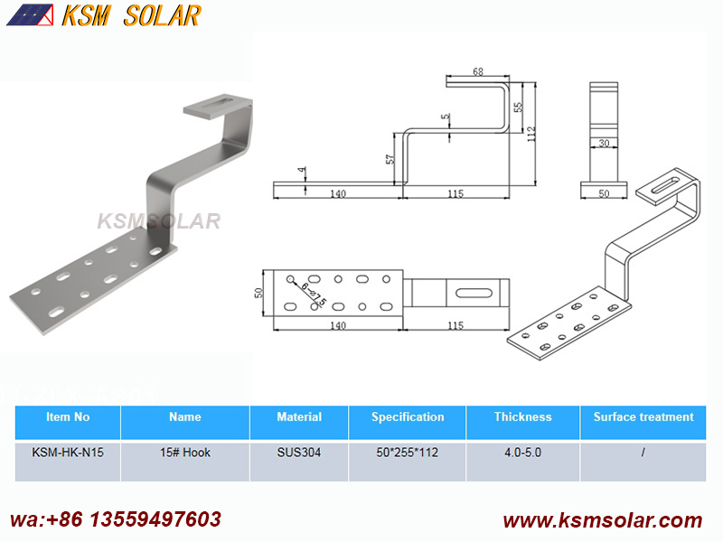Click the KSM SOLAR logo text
coord(131,15)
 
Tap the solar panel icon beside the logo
coord(30,14)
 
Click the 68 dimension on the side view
coord(478,71)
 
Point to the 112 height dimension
coord(531,134)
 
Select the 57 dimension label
coord(390,159)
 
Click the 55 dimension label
coord(518,107)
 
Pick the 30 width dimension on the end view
coord(604,144)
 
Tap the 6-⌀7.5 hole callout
coord(314,294)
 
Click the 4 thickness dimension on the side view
coord(302,170)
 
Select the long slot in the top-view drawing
coord(474,293)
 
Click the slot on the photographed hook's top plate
coord(219,104)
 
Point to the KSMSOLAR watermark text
coord(159,221)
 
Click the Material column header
coord(299,417)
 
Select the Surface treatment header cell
coord(643,417)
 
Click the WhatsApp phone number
coord(116,519)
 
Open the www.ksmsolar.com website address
coord(603,520)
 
